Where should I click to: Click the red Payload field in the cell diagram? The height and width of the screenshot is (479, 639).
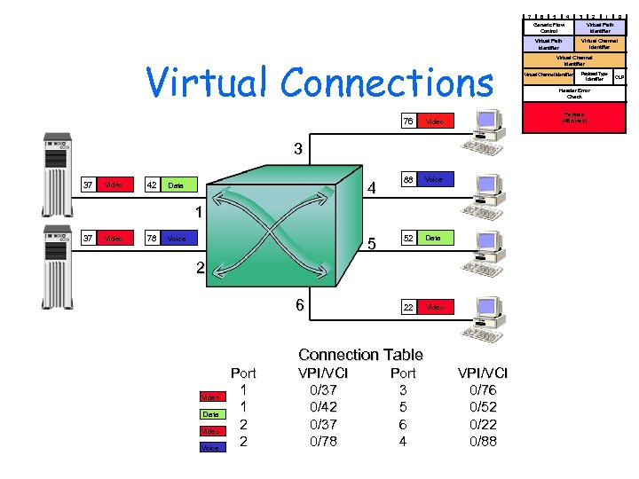(x=574, y=116)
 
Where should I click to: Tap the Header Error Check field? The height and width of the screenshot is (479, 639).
(x=574, y=93)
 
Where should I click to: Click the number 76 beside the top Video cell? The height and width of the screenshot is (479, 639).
(x=408, y=121)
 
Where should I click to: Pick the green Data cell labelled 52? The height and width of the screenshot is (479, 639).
(x=432, y=238)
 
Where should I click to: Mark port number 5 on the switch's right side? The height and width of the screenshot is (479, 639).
(x=371, y=243)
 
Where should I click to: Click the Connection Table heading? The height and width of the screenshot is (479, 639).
(x=360, y=355)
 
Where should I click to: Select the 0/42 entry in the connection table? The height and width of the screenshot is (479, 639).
(x=317, y=407)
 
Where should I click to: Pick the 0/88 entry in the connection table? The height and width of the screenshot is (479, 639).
(x=483, y=441)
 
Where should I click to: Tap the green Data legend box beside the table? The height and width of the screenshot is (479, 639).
(x=211, y=414)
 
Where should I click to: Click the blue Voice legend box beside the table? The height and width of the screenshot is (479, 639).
(x=211, y=448)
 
